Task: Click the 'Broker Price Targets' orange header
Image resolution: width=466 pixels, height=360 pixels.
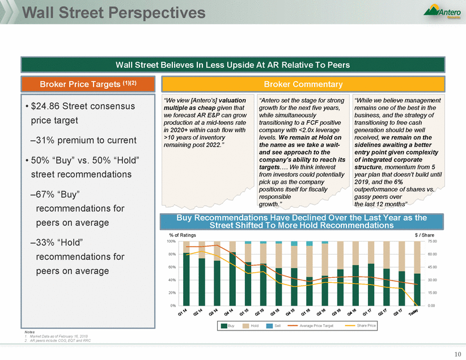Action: (x=88, y=84)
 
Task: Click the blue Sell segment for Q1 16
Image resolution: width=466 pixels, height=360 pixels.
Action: (x=310, y=244)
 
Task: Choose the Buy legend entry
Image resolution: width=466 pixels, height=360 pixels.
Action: (x=227, y=326)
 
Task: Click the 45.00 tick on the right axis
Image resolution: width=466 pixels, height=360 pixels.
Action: (x=432, y=267)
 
